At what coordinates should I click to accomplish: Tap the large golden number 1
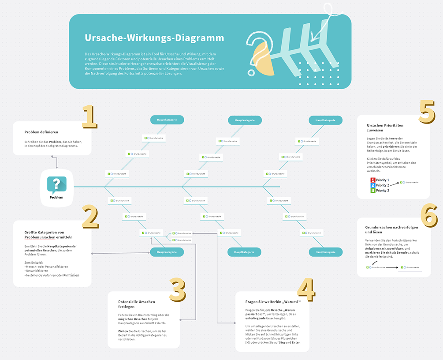(89, 117)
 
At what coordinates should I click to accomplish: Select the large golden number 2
(89, 217)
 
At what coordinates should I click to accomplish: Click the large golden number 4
(305, 289)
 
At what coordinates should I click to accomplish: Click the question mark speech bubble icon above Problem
(56, 184)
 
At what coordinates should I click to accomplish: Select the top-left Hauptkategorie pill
(167, 120)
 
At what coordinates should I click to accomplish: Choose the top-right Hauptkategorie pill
(325, 120)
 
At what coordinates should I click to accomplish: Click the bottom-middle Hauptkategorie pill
(244, 252)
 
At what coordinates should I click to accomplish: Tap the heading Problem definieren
(41, 132)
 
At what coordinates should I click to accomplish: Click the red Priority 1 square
(372, 180)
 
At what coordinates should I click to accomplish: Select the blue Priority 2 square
(372, 185)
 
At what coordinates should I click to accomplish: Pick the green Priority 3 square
(372, 191)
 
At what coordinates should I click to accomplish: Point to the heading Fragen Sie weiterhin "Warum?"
(272, 302)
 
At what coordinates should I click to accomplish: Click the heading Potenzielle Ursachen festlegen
(137, 304)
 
